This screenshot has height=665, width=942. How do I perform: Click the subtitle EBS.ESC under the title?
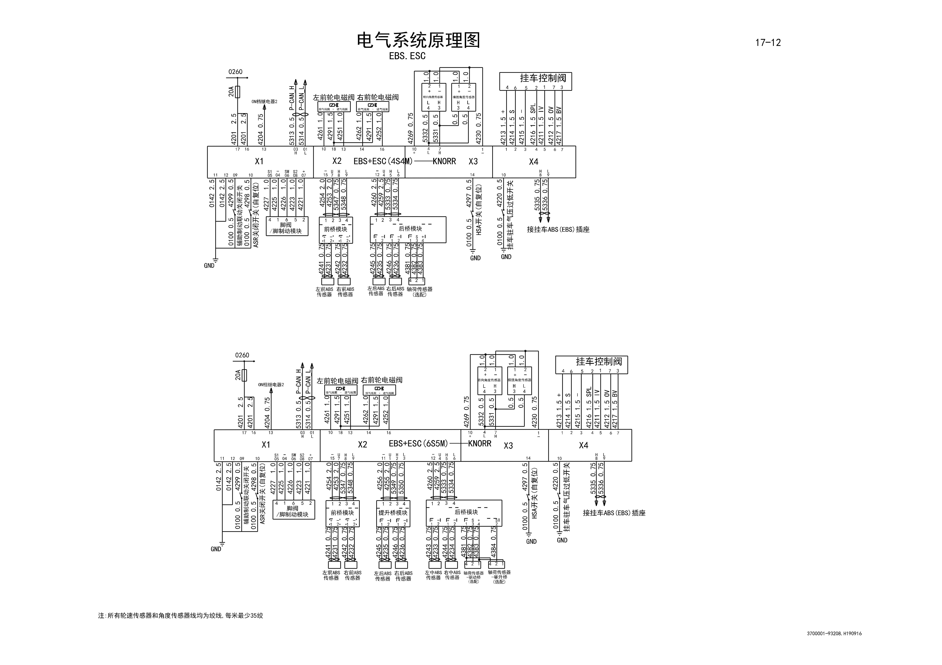[407, 56]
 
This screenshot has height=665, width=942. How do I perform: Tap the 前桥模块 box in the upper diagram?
[336, 230]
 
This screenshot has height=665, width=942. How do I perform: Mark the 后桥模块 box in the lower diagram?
[464, 512]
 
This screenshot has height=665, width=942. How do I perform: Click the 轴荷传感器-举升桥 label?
[499, 577]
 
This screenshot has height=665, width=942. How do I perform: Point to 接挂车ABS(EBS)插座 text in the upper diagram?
[558, 230]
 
